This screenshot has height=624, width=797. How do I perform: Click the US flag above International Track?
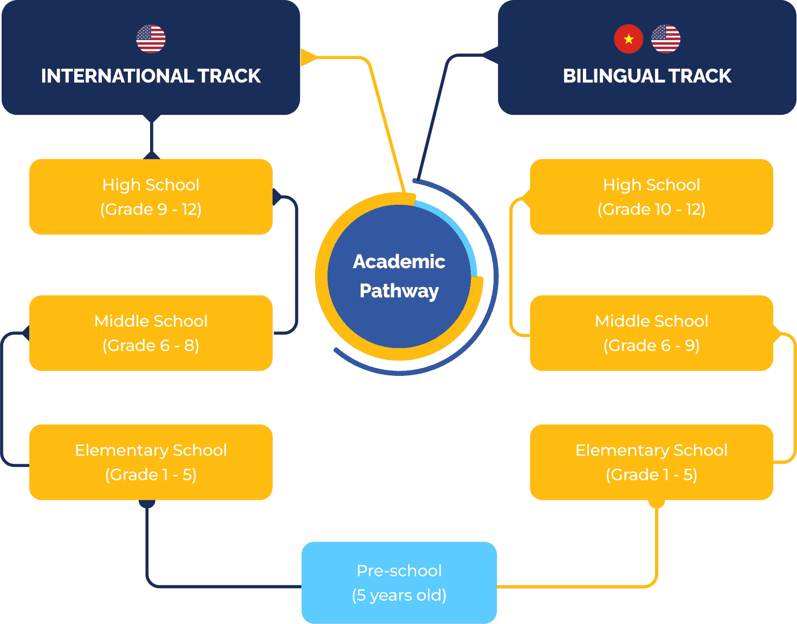(151, 39)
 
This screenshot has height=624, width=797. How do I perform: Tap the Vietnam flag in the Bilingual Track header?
(628, 39)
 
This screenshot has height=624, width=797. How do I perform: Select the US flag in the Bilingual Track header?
(665, 39)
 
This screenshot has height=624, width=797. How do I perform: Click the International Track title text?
(151, 76)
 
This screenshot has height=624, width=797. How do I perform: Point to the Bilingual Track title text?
(647, 76)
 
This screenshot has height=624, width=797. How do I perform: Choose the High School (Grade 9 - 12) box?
(151, 197)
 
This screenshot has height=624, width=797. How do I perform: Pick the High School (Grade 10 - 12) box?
(651, 197)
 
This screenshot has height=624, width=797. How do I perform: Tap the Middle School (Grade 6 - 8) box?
(151, 333)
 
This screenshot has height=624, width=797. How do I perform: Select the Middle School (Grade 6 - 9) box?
(651, 333)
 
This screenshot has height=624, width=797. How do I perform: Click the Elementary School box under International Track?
(151, 462)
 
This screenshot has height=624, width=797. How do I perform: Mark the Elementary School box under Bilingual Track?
(651, 462)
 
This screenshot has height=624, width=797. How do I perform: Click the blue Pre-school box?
(399, 582)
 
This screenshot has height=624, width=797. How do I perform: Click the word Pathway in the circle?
(399, 291)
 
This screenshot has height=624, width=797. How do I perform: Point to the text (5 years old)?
(399, 595)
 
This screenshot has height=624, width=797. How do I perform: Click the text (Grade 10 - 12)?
(651, 209)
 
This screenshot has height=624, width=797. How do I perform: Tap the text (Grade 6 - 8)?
(151, 346)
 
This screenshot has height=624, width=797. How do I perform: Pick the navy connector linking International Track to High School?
(151, 136)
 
